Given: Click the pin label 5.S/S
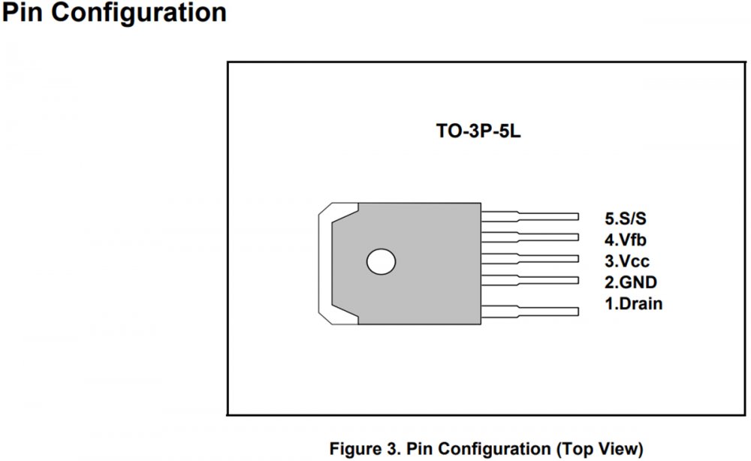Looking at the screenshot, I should pyautogui.click(x=626, y=218).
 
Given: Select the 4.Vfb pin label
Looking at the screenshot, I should pyautogui.click(x=626, y=240).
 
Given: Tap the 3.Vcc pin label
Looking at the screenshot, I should pyautogui.click(x=627, y=261).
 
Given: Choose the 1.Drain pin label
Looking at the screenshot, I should pyautogui.click(x=634, y=304).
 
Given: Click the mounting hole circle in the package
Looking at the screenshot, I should pyautogui.click(x=381, y=261).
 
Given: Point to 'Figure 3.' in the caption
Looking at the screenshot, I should pyautogui.click(x=365, y=448).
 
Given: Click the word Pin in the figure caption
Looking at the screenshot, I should pyautogui.click(x=421, y=448).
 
